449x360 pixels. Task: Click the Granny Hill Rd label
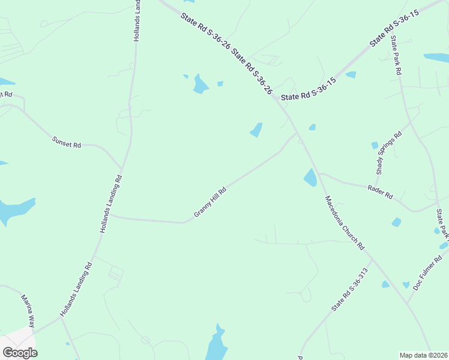point(210,202)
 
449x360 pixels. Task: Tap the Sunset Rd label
point(66,142)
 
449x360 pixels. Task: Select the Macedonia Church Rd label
point(345,223)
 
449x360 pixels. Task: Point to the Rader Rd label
point(379,192)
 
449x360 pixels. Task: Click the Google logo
point(20,353)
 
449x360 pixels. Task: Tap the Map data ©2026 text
point(423,355)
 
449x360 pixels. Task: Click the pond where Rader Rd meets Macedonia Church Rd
point(310,178)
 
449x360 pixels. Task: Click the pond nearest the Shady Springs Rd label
point(375,145)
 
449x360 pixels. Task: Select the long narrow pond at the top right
point(436,58)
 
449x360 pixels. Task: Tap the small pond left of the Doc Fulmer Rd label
point(406,285)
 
